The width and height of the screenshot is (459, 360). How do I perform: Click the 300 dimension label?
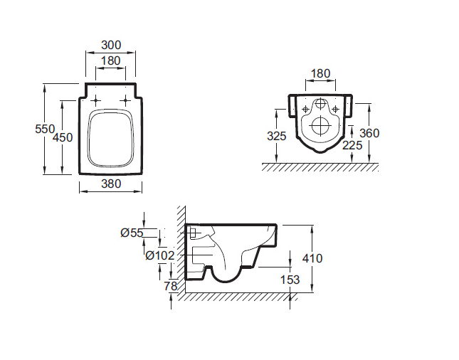[x=111, y=45]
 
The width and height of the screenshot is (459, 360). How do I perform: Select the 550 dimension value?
[x=45, y=129]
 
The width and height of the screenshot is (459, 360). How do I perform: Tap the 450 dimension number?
[x=63, y=137]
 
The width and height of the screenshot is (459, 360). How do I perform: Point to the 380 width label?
[x=111, y=184]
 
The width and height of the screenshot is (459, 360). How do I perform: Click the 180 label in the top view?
[x=110, y=61]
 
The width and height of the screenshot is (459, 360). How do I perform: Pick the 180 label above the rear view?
[x=320, y=73]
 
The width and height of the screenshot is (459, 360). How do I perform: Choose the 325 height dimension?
[x=277, y=136]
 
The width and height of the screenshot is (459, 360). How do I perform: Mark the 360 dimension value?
[x=369, y=133]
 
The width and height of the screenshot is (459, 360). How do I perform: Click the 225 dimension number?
[x=352, y=145]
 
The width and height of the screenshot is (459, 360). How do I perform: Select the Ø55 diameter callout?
[x=132, y=233]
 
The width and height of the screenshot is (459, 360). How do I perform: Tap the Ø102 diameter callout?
[x=160, y=255]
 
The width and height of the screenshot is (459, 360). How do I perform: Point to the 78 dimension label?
[x=171, y=286]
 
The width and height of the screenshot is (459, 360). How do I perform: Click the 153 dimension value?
[x=290, y=280]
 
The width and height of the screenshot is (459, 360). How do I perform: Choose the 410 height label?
[x=312, y=258]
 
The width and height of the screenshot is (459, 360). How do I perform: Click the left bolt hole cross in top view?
[x=96, y=101]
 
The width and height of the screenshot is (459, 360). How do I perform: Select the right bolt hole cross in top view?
[x=125, y=101]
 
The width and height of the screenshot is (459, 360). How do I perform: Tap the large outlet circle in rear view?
[x=321, y=126]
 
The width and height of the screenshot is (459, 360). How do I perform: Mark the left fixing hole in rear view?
[x=305, y=110]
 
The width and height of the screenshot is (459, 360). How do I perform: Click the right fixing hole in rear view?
[x=336, y=110]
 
